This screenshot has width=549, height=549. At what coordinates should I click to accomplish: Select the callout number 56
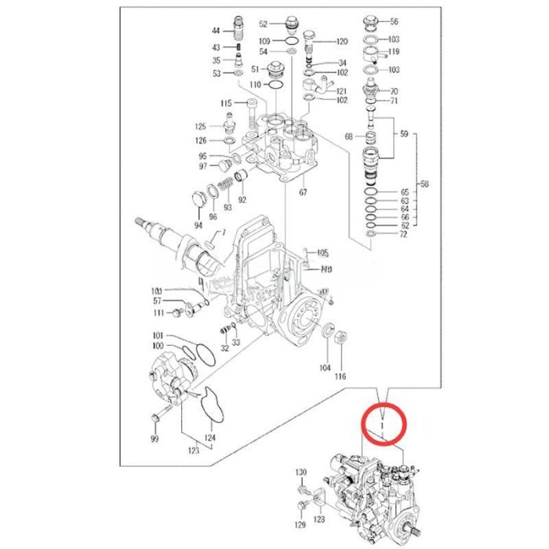[x=394, y=22]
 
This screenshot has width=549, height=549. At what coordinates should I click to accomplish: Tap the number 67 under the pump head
[x=303, y=190]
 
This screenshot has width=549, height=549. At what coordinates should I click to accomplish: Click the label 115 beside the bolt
[x=226, y=104]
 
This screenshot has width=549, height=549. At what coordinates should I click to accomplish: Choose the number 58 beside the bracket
[x=425, y=185]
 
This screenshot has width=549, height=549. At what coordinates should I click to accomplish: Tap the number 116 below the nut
[x=340, y=377]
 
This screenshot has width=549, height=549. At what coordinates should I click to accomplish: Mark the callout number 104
[x=325, y=366]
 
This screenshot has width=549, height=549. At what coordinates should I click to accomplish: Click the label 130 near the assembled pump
[x=301, y=471]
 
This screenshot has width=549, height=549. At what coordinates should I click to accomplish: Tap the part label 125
[x=201, y=126]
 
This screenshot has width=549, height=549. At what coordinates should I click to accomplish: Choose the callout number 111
[x=158, y=313]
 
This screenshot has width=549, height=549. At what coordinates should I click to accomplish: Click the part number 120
[x=342, y=41]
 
